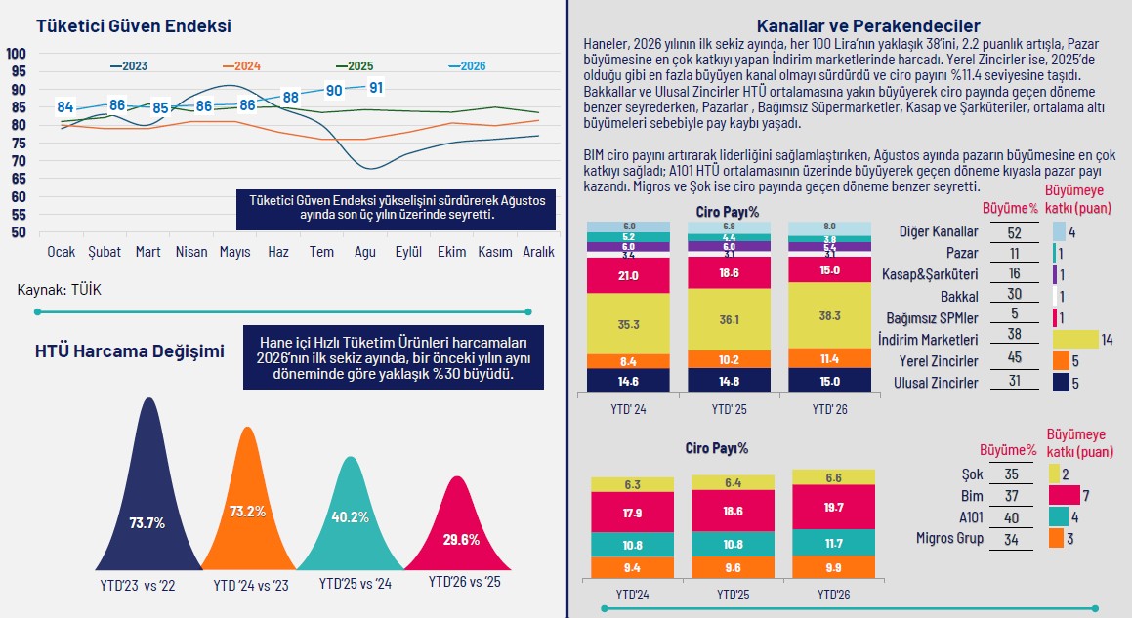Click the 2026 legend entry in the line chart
pos(467,65)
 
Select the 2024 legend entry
pos(242,65)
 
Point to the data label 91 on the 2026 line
pos(376,87)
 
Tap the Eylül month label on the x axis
pos(408,252)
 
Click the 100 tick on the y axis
pos(16,54)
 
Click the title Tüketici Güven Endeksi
pos(134,26)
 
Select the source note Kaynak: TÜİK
pos(60,290)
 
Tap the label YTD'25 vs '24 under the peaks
pos(356,584)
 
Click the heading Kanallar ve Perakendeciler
pos(868,26)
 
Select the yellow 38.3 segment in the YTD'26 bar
pos(829,315)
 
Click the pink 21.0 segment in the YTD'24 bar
pos(628,275)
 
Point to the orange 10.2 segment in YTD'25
pos(730,359)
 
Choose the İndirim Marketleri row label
pos(928,340)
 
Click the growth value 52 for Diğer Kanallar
pos(1015,232)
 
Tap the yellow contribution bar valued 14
pos(1075,340)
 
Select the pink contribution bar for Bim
pos(1065,495)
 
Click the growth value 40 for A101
pos(1012,517)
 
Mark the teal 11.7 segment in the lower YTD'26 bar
pos(834,542)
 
